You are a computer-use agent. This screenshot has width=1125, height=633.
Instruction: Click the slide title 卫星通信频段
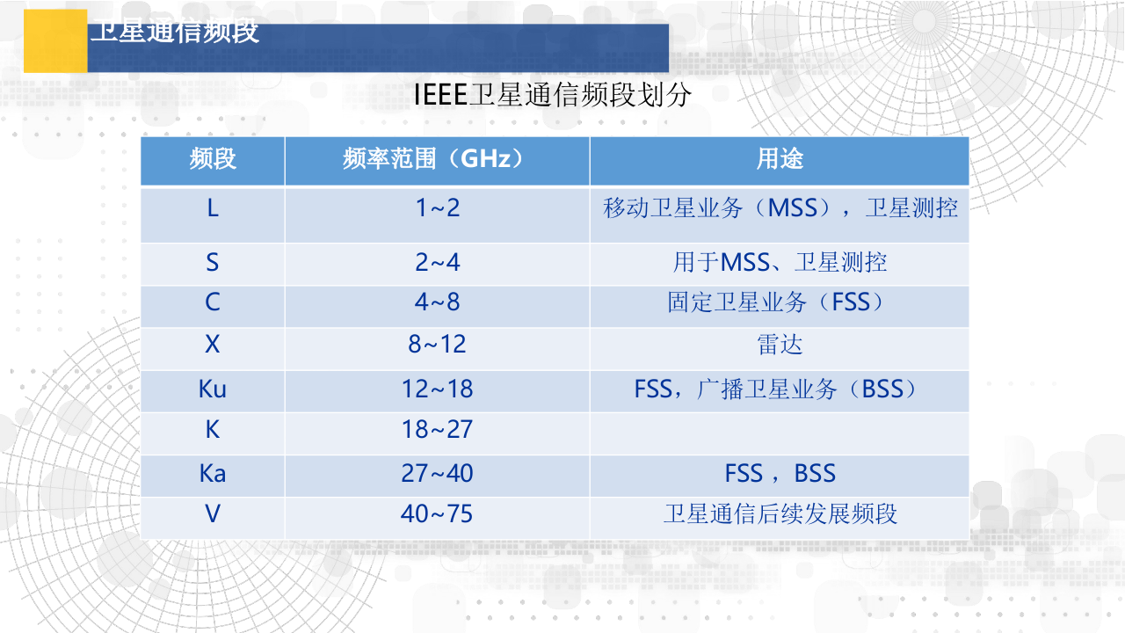click(174, 33)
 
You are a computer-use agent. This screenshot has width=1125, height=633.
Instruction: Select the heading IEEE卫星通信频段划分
click(553, 95)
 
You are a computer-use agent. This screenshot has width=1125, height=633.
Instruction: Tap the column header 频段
click(213, 159)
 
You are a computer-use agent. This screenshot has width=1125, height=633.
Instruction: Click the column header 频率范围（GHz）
click(437, 159)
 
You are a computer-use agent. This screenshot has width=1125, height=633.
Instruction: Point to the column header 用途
click(780, 159)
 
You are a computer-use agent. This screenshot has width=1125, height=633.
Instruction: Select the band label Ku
click(213, 389)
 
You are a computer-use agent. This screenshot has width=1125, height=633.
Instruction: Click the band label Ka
click(213, 474)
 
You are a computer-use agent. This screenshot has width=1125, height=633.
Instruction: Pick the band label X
click(213, 345)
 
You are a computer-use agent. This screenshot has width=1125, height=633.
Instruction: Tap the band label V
click(213, 514)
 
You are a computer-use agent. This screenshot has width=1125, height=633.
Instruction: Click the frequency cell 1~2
click(437, 209)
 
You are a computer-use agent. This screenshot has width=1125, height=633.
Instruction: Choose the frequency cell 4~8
click(437, 303)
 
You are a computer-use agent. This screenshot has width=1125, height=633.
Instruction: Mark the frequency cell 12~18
click(437, 389)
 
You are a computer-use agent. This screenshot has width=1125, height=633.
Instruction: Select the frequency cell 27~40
click(437, 474)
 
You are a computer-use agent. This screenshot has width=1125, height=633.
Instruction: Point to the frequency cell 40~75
click(437, 514)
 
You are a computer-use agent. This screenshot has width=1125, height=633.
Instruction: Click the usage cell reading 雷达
click(780, 345)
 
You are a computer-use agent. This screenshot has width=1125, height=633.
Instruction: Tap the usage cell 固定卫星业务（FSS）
click(780, 303)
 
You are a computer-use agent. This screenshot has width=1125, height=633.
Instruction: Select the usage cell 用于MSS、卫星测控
click(780, 262)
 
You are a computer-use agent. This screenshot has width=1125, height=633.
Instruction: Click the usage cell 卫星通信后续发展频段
click(780, 514)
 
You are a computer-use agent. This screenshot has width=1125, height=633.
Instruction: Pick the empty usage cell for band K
click(780, 431)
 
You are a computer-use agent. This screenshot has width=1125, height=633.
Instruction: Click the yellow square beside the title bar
click(54, 40)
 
